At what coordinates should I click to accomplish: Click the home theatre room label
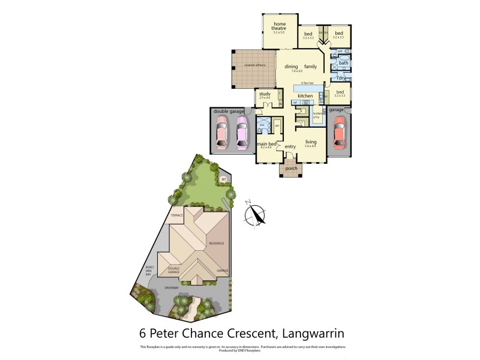(x=279, y=26)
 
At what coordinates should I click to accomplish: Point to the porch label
(x=292, y=169)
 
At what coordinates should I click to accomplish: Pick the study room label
(x=265, y=94)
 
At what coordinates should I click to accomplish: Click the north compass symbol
(x=257, y=214)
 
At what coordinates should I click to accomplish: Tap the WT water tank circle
(x=223, y=179)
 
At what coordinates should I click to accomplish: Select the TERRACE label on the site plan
(x=176, y=215)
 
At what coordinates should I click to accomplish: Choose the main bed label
(x=266, y=145)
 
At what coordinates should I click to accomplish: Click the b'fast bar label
(x=308, y=83)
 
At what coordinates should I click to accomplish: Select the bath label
(x=343, y=63)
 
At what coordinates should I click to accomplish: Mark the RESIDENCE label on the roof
(x=216, y=243)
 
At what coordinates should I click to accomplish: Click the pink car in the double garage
(x=221, y=132)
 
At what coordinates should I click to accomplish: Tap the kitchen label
(x=305, y=96)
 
